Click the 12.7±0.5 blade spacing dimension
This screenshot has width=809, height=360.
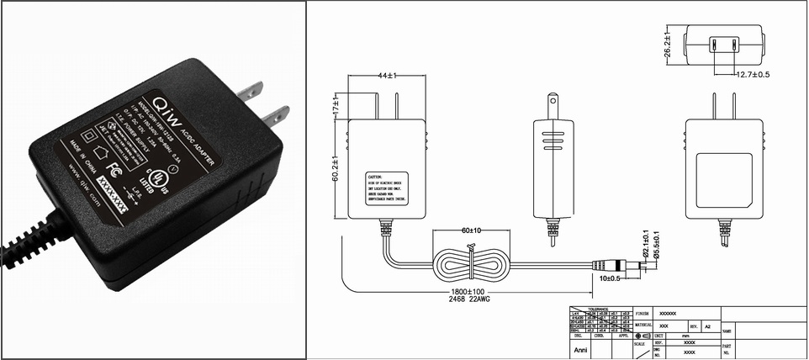point(753,75)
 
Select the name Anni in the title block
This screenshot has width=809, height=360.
point(580,345)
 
